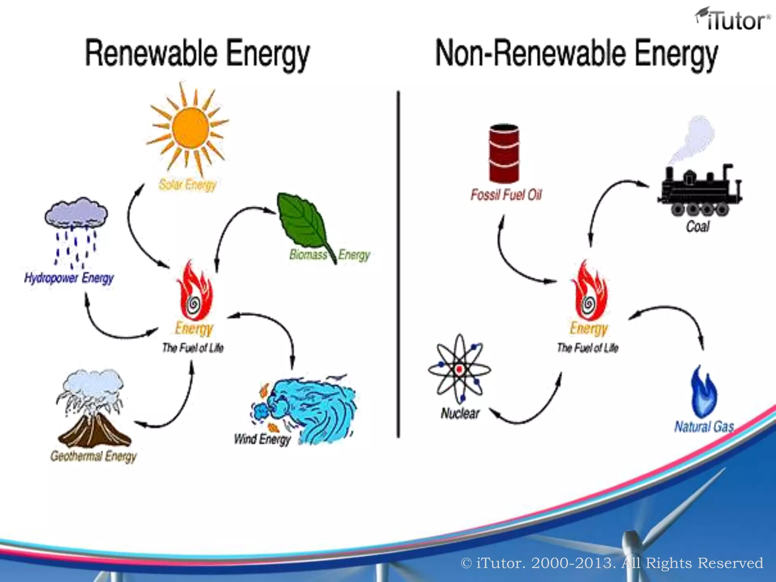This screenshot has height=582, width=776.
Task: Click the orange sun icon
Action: tap(190, 127)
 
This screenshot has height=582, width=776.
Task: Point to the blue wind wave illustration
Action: tap(311, 409)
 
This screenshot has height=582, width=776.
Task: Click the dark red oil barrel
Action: tap(504, 153)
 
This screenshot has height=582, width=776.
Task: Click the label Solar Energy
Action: tap(188, 185)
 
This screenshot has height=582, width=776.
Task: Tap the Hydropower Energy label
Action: tap(69, 278)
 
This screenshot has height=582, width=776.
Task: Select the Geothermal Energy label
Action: tap(94, 456)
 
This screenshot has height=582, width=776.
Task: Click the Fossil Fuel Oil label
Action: tap(506, 195)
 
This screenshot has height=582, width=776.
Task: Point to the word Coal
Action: tap(698, 227)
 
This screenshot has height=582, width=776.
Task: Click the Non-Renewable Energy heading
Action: tap(576, 54)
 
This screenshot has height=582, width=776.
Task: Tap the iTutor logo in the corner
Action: tap(732, 20)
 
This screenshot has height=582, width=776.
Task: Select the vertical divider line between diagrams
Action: tap(398, 265)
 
